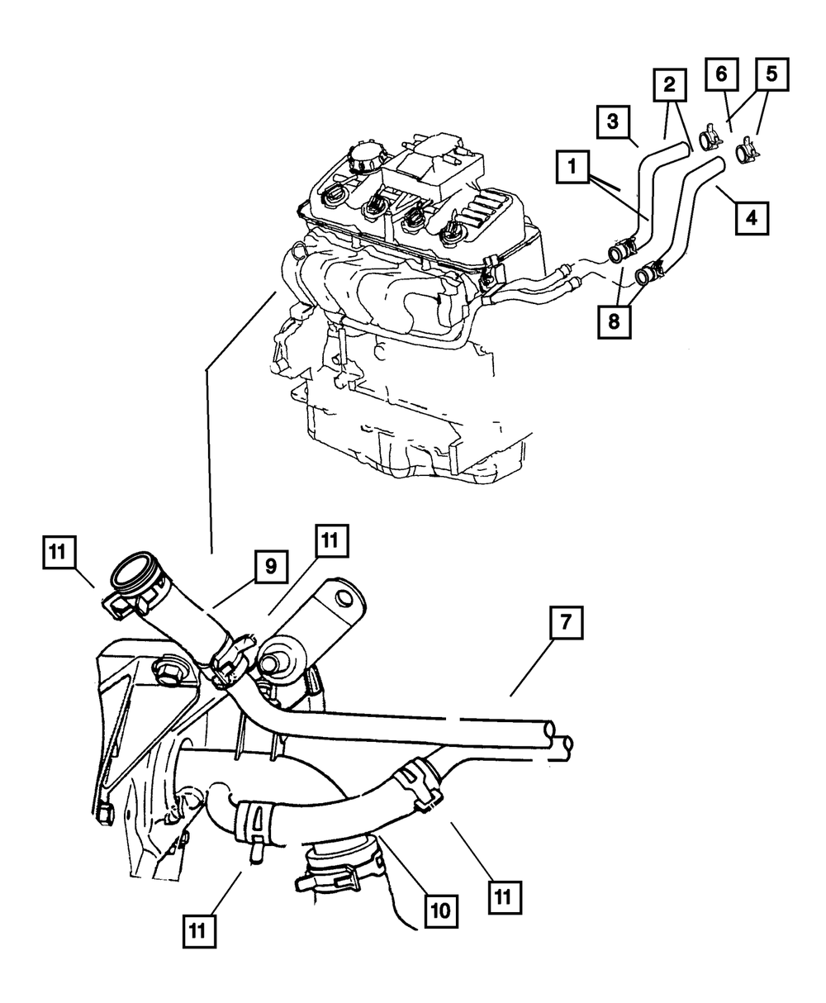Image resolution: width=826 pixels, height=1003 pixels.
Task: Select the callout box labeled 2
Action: (x=669, y=84)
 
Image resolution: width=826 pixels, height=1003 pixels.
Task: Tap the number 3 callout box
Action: (x=613, y=121)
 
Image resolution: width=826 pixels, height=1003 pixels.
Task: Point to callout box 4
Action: (x=750, y=219)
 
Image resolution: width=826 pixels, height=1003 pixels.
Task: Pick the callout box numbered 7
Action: (x=567, y=625)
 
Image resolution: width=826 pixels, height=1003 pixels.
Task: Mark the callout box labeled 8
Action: (x=613, y=321)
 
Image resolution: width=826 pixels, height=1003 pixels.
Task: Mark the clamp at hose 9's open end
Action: (x=132, y=597)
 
